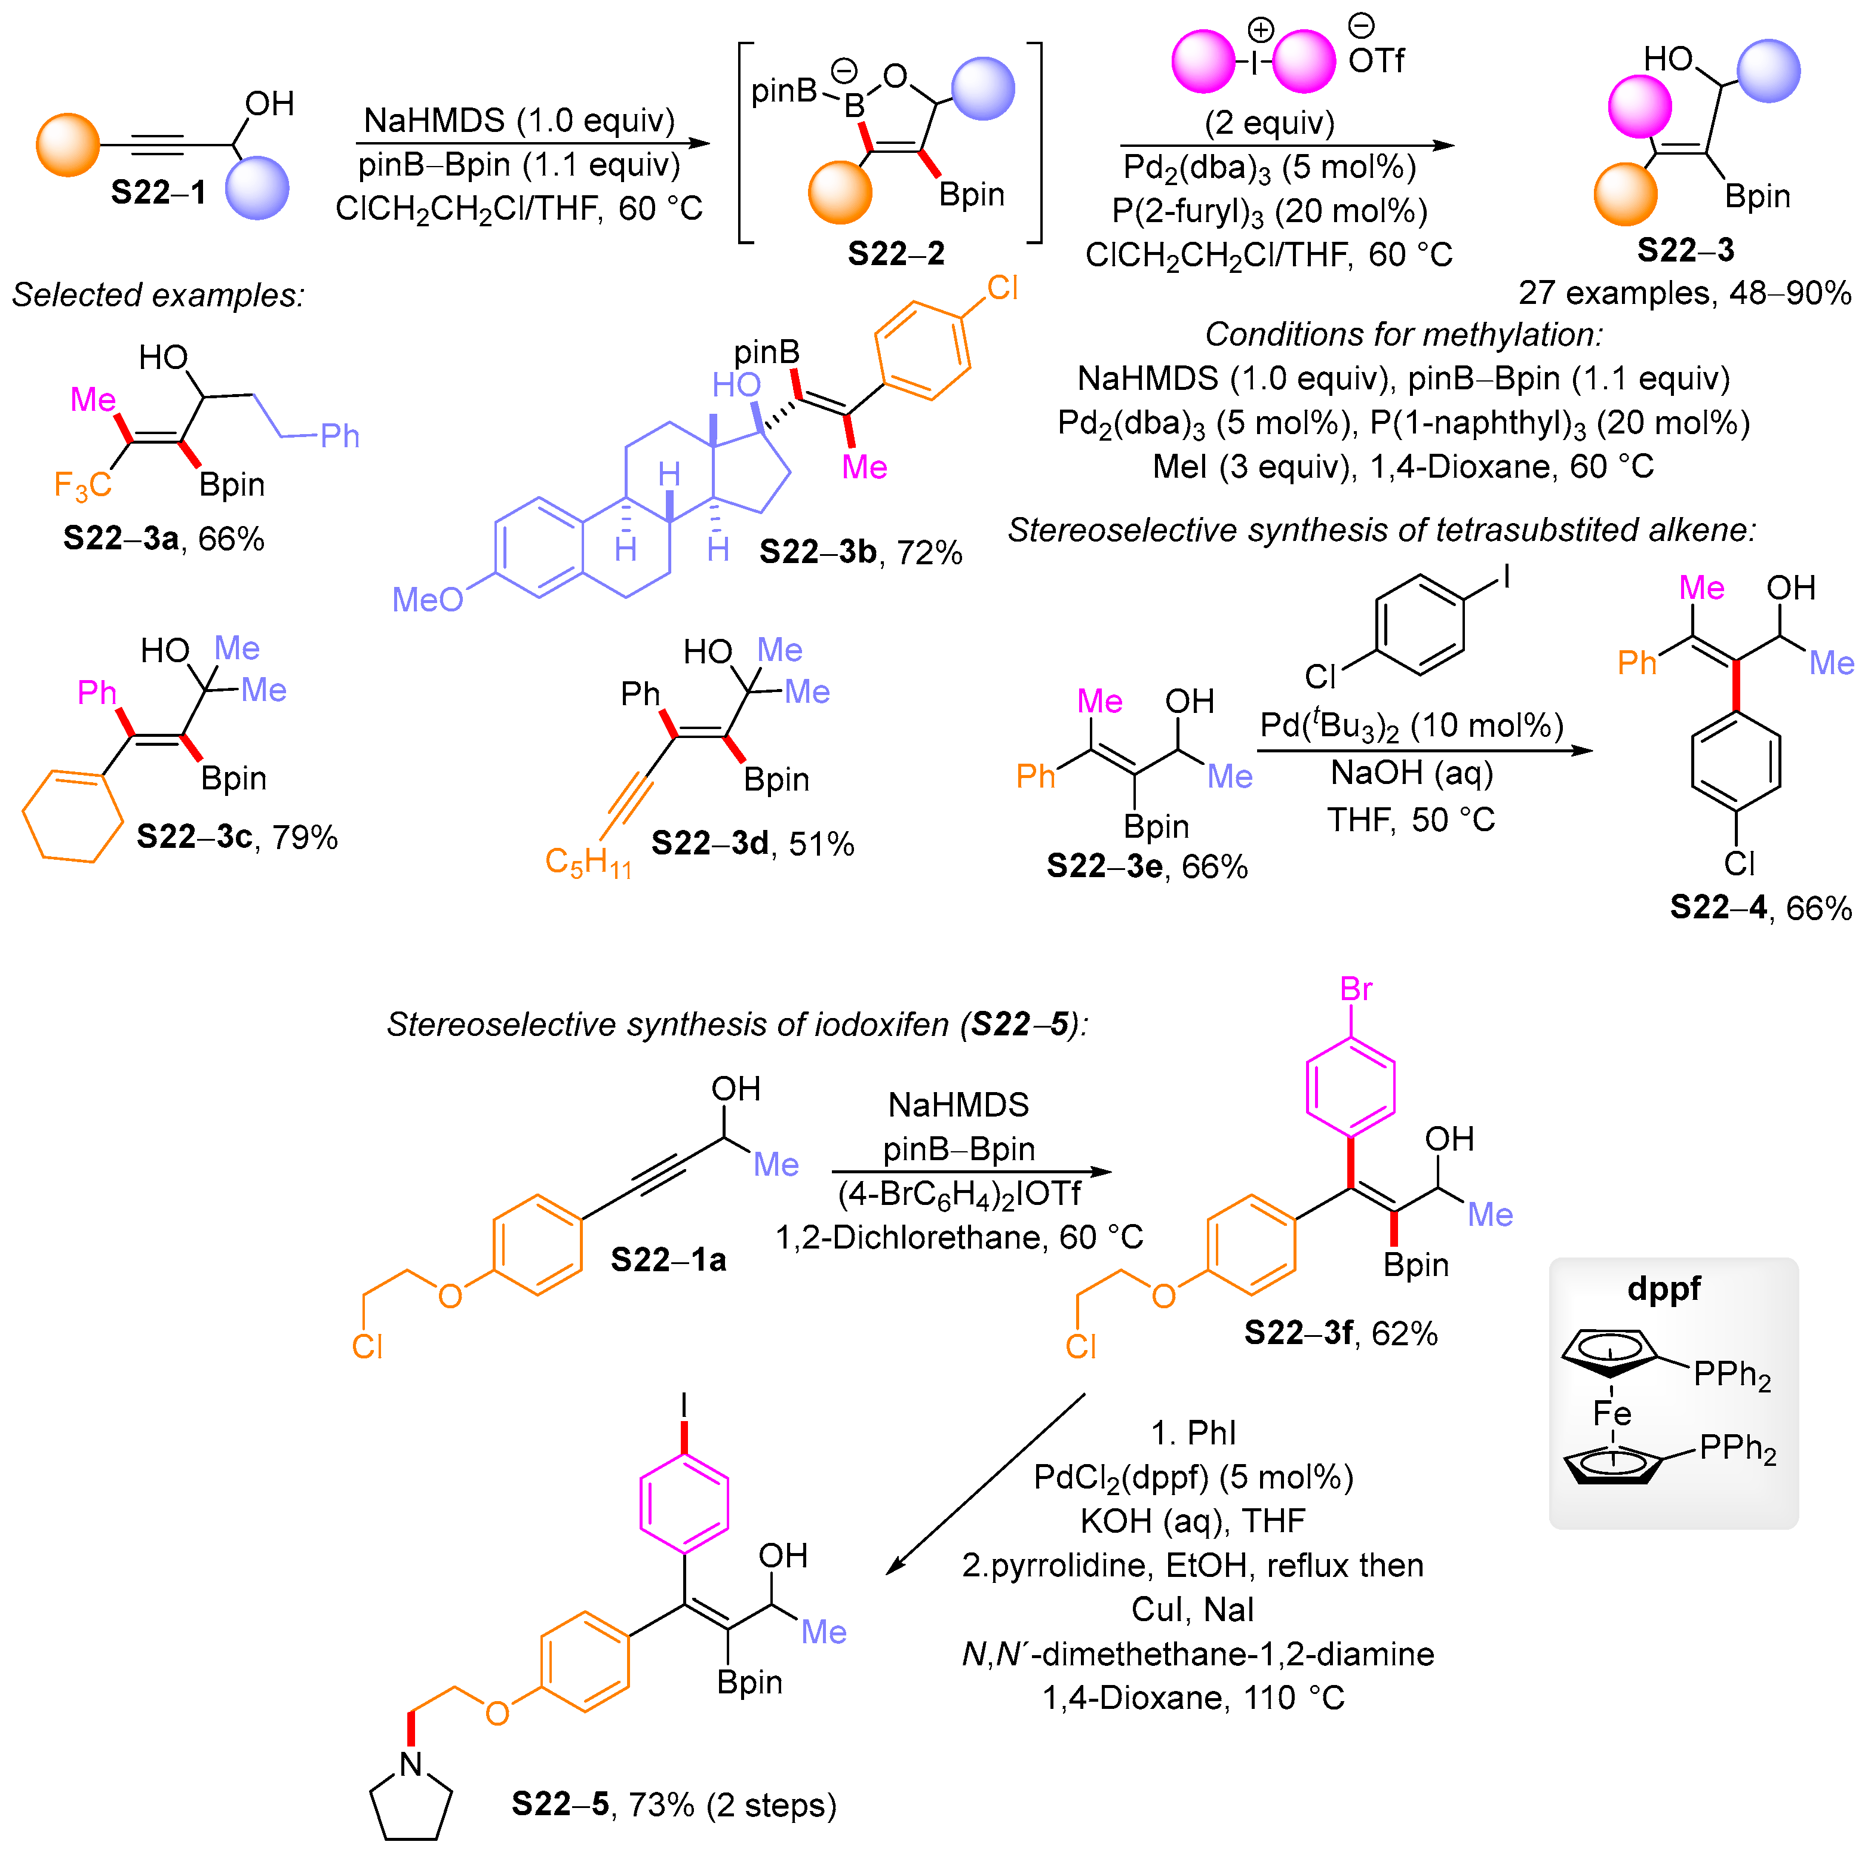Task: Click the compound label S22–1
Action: click(158, 193)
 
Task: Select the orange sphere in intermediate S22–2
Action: click(840, 193)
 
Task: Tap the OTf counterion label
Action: click(1375, 61)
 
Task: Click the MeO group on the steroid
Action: click(427, 600)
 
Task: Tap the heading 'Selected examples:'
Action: click(158, 294)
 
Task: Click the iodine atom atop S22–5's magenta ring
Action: click(684, 1404)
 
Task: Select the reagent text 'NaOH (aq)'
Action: click(1411, 773)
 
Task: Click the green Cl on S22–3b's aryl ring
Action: click(1002, 288)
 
